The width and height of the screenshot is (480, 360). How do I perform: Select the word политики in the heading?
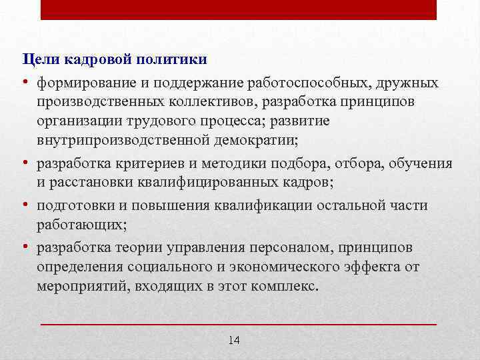(x=175, y=60)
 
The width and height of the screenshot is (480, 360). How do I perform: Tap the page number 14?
(x=234, y=341)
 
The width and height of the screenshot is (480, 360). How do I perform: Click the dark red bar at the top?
(x=239, y=9)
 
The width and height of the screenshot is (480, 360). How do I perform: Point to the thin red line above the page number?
(x=239, y=323)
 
